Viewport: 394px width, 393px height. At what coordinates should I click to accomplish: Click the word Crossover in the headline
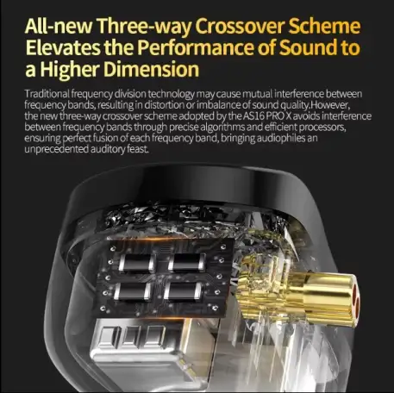pyautogui.click(x=240, y=26)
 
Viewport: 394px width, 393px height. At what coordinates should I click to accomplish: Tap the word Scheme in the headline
pyautogui.click(x=324, y=26)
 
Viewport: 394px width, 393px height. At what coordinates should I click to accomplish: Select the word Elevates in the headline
pyautogui.click(x=63, y=47)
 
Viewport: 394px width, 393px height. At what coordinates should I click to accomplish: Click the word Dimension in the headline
pyautogui.click(x=151, y=69)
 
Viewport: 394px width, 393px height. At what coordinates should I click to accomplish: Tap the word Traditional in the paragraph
pyautogui.click(x=47, y=94)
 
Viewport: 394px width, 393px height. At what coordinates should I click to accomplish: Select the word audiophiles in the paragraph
pyautogui.click(x=281, y=138)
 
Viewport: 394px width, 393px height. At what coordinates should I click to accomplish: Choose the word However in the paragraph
pyautogui.click(x=330, y=105)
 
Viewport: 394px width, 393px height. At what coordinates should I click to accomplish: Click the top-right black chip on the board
pyautogui.click(x=187, y=262)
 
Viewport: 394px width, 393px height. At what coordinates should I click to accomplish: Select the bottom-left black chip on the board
pyautogui.click(x=132, y=291)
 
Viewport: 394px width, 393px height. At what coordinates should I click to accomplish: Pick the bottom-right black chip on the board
pyautogui.click(x=183, y=291)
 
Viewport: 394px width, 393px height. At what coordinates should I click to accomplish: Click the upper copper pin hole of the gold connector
pyautogui.click(x=354, y=290)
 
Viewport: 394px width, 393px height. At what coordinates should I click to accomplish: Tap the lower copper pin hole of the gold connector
pyautogui.click(x=357, y=306)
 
